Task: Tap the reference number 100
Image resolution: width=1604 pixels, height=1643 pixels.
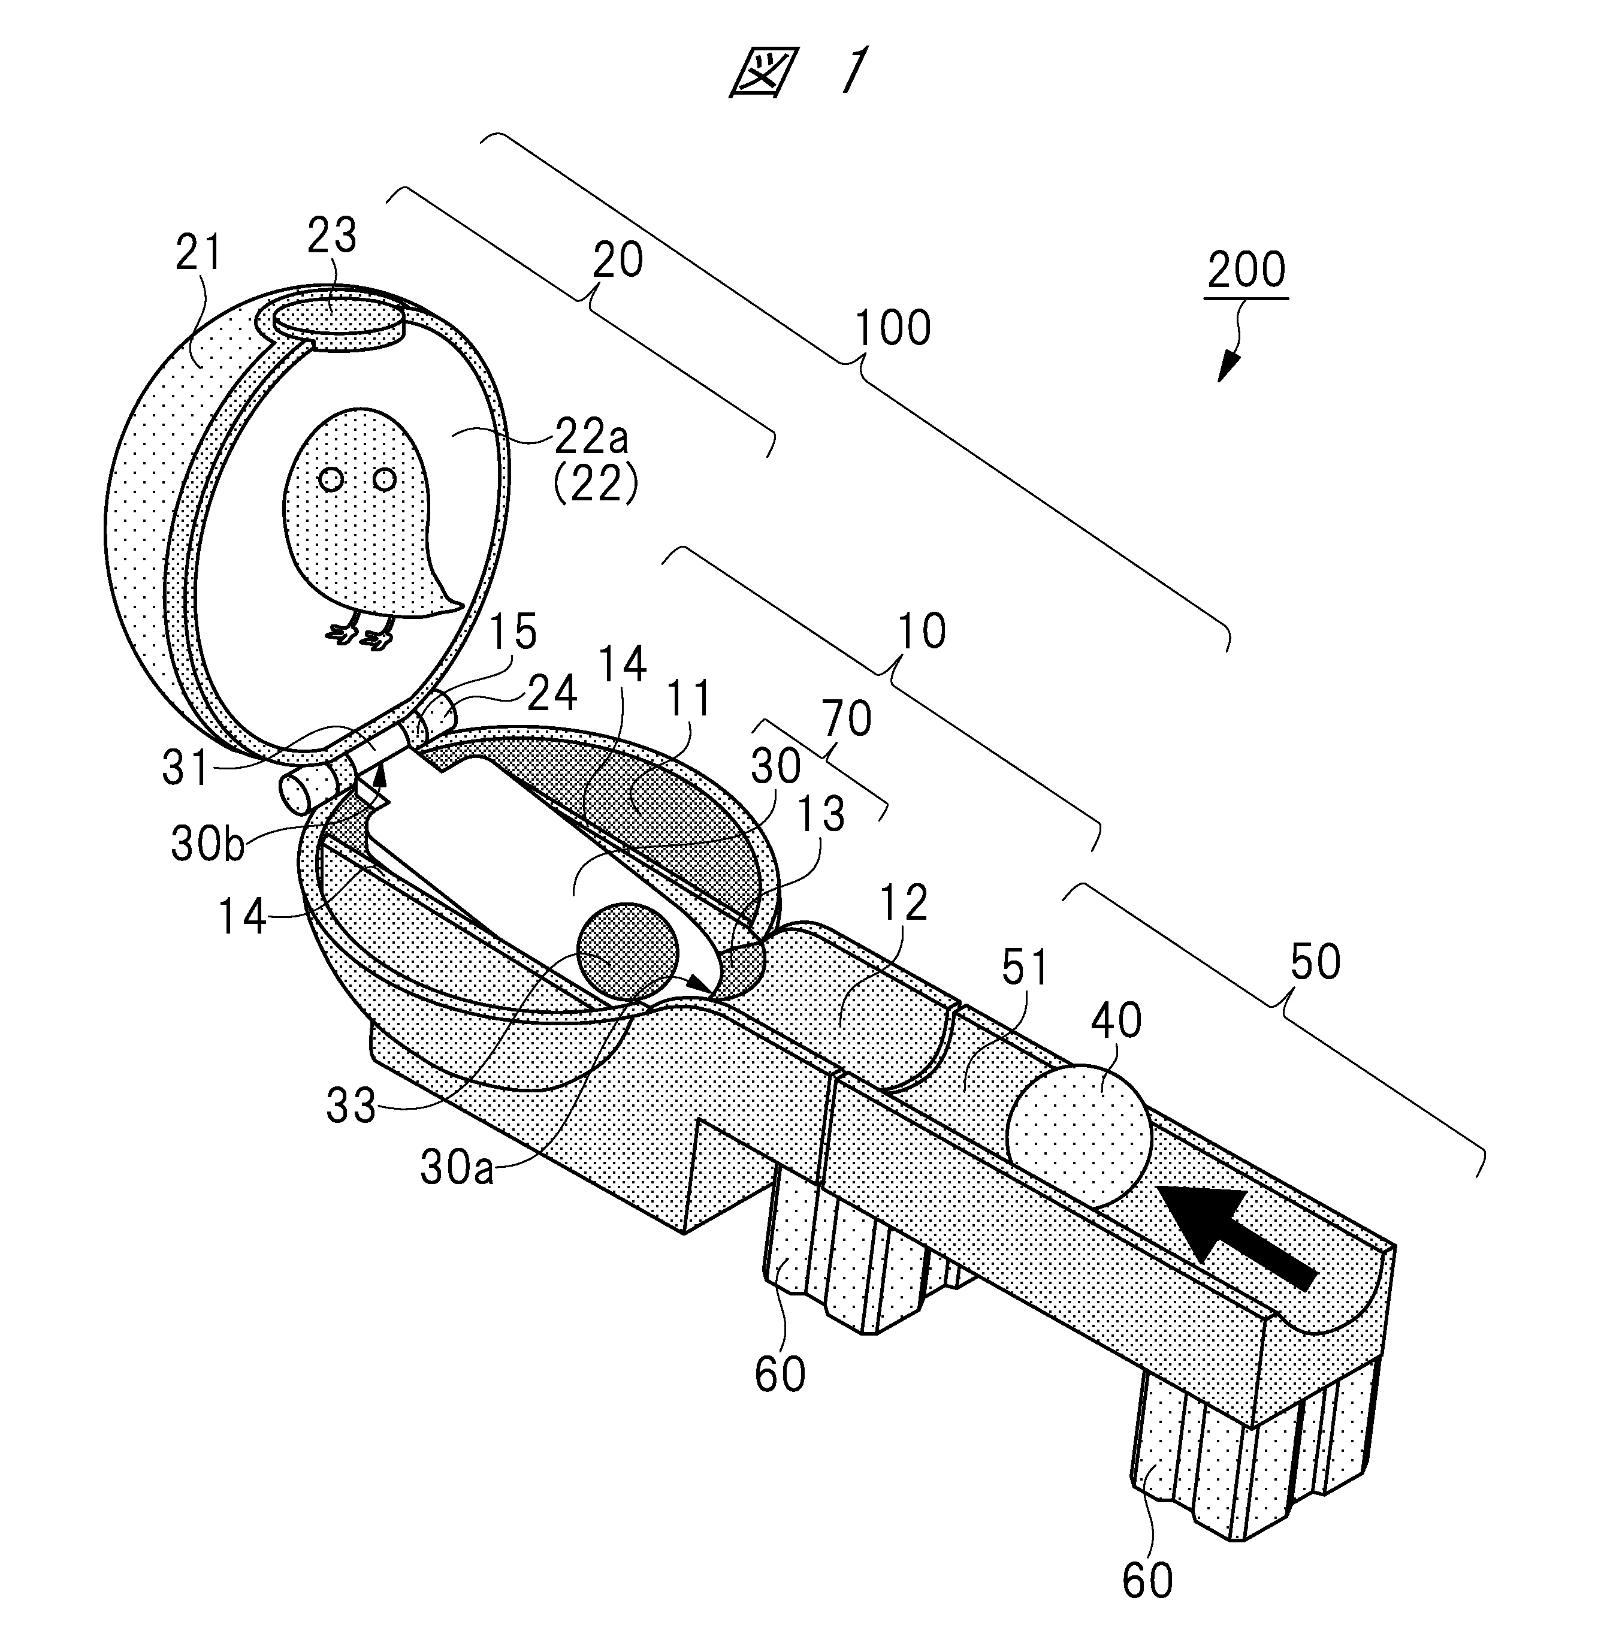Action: pos(892,328)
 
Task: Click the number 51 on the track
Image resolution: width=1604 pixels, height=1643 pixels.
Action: pos(1023,969)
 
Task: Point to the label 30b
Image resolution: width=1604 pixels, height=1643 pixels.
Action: pos(207,844)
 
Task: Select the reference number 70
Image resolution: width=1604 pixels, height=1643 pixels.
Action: pos(847,718)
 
